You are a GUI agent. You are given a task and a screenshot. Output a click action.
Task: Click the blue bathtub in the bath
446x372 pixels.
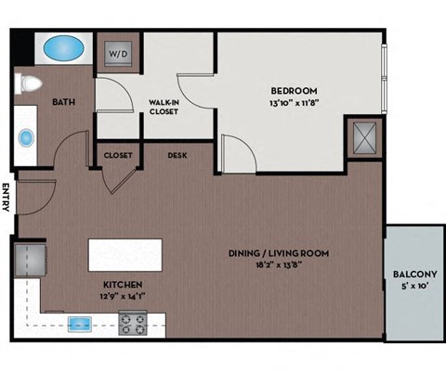[62, 46]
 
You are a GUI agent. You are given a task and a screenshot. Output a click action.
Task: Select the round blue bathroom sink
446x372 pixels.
[26, 138]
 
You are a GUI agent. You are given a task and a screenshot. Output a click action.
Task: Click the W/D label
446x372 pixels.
[119, 54]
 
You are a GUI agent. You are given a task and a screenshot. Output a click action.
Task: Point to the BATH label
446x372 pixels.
[63, 102]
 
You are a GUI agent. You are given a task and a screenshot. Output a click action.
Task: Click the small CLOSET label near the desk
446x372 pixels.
[118, 155]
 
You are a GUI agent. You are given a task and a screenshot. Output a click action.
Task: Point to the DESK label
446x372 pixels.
[177, 155]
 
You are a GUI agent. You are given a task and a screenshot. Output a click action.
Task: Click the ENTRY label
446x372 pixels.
[7, 198]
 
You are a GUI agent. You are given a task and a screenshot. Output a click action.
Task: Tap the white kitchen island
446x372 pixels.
[125, 254]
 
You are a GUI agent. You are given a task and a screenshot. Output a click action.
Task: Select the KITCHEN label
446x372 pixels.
[121, 286]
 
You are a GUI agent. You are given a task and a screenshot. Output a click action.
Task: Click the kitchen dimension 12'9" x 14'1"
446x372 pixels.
[122, 297]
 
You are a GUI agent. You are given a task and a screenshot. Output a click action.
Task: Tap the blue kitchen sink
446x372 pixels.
[80, 324]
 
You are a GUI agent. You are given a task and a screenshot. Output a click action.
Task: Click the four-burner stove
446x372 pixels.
[133, 324]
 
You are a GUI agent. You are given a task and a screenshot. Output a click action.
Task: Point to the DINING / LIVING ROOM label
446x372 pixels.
[279, 252]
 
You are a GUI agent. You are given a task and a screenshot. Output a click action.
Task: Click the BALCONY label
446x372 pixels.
[414, 274]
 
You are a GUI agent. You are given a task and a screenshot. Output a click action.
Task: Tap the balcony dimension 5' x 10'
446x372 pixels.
[414, 286]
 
